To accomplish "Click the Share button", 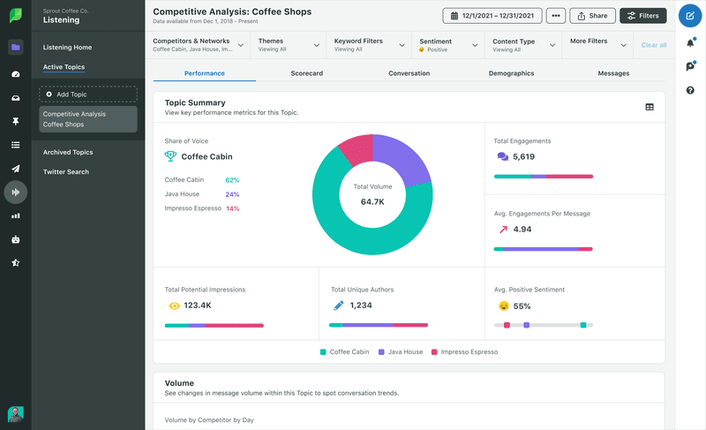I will click(x=592, y=16).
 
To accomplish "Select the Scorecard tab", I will click(x=306, y=73).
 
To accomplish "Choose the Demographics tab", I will click(x=511, y=73).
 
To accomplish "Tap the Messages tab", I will click(x=613, y=73).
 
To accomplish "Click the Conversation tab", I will click(x=409, y=73).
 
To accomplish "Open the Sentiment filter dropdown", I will click(x=449, y=45).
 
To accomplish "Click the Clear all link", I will click(x=653, y=45).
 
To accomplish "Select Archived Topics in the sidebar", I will click(x=68, y=152).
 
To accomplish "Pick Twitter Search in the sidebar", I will click(x=66, y=171).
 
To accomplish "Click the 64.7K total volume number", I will click(x=372, y=202).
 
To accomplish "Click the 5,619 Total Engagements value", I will click(x=523, y=157).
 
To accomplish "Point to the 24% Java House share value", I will click(x=232, y=194).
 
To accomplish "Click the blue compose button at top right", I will click(x=689, y=16).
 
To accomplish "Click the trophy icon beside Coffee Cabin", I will click(x=170, y=156).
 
